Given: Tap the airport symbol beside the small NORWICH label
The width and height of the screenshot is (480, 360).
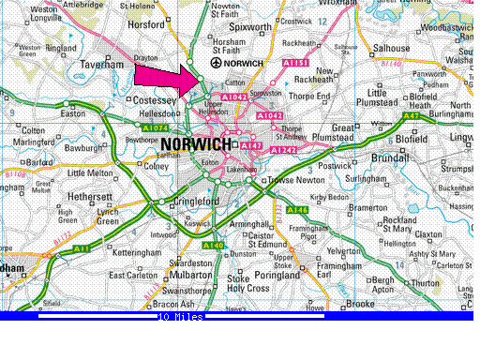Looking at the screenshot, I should point(217,63).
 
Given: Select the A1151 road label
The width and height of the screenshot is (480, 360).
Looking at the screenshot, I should point(295,63).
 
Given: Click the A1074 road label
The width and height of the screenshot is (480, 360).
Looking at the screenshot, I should point(131,127).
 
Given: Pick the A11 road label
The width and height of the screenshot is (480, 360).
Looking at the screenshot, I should point(82,248).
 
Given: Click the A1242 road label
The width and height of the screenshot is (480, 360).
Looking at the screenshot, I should point(281,149).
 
